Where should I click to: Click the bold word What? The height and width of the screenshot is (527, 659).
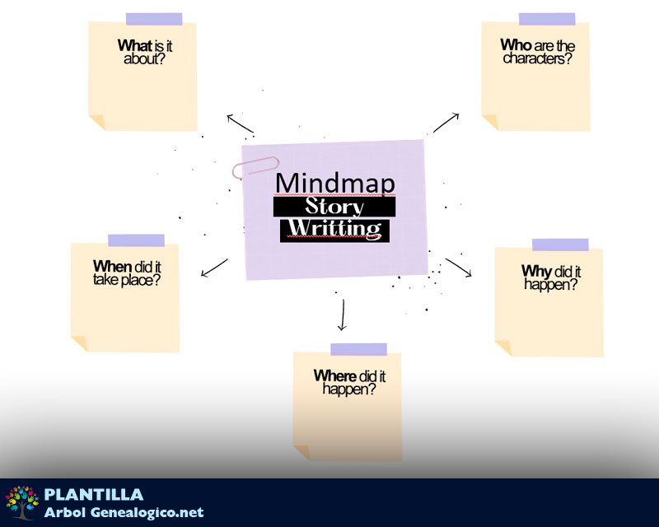click(x=135, y=46)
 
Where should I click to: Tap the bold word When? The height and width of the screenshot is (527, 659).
click(x=112, y=267)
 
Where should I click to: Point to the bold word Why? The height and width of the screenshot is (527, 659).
click(x=536, y=272)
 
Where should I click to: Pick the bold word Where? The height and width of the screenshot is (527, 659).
click(x=334, y=376)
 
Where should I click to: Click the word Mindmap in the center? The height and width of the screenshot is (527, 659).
click(x=334, y=183)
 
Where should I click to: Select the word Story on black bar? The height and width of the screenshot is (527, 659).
click(x=334, y=207)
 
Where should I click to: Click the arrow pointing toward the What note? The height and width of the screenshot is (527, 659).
click(x=240, y=123)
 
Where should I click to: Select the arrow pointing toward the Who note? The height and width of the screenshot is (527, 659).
click(x=446, y=122)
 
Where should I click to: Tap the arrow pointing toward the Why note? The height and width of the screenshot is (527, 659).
click(x=459, y=268)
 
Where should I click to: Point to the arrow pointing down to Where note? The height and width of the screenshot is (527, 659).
click(x=341, y=315)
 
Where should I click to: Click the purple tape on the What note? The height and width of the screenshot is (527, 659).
click(x=154, y=19)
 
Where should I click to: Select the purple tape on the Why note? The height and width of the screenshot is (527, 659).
click(x=560, y=245)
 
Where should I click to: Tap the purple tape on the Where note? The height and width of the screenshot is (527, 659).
click(x=358, y=349)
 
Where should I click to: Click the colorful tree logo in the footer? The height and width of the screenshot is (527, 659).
click(x=22, y=502)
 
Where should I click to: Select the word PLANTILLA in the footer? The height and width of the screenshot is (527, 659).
click(x=94, y=495)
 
